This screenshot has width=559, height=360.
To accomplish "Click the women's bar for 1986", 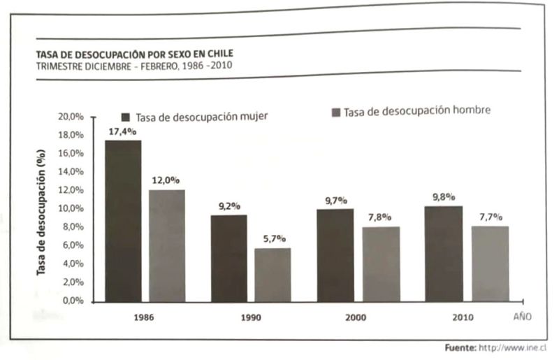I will [x=123, y=220].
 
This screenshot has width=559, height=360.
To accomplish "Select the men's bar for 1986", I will [x=167, y=245].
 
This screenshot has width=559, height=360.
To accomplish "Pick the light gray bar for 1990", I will [x=273, y=274].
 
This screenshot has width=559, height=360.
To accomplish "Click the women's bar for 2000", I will [x=335, y=255].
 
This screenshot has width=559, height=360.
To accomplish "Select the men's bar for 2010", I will [x=490, y=264].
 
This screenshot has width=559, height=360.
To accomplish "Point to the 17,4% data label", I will [x=123, y=131].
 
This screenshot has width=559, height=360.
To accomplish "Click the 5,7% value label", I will [x=273, y=238].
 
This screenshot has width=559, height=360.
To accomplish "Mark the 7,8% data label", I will [x=379, y=217].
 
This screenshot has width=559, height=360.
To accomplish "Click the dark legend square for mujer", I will [x=126, y=117].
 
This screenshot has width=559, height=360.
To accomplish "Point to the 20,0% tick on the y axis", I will [x=70, y=117].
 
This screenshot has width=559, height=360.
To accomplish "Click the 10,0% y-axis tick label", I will [x=70, y=208].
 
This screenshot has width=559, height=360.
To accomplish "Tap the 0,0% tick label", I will [x=72, y=301].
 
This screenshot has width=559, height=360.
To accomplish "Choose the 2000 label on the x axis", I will [x=355, y=317].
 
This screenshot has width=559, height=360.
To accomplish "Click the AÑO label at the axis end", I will [x=523, y=316].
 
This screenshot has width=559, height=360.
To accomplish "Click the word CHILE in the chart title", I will [x=218, y=53].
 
